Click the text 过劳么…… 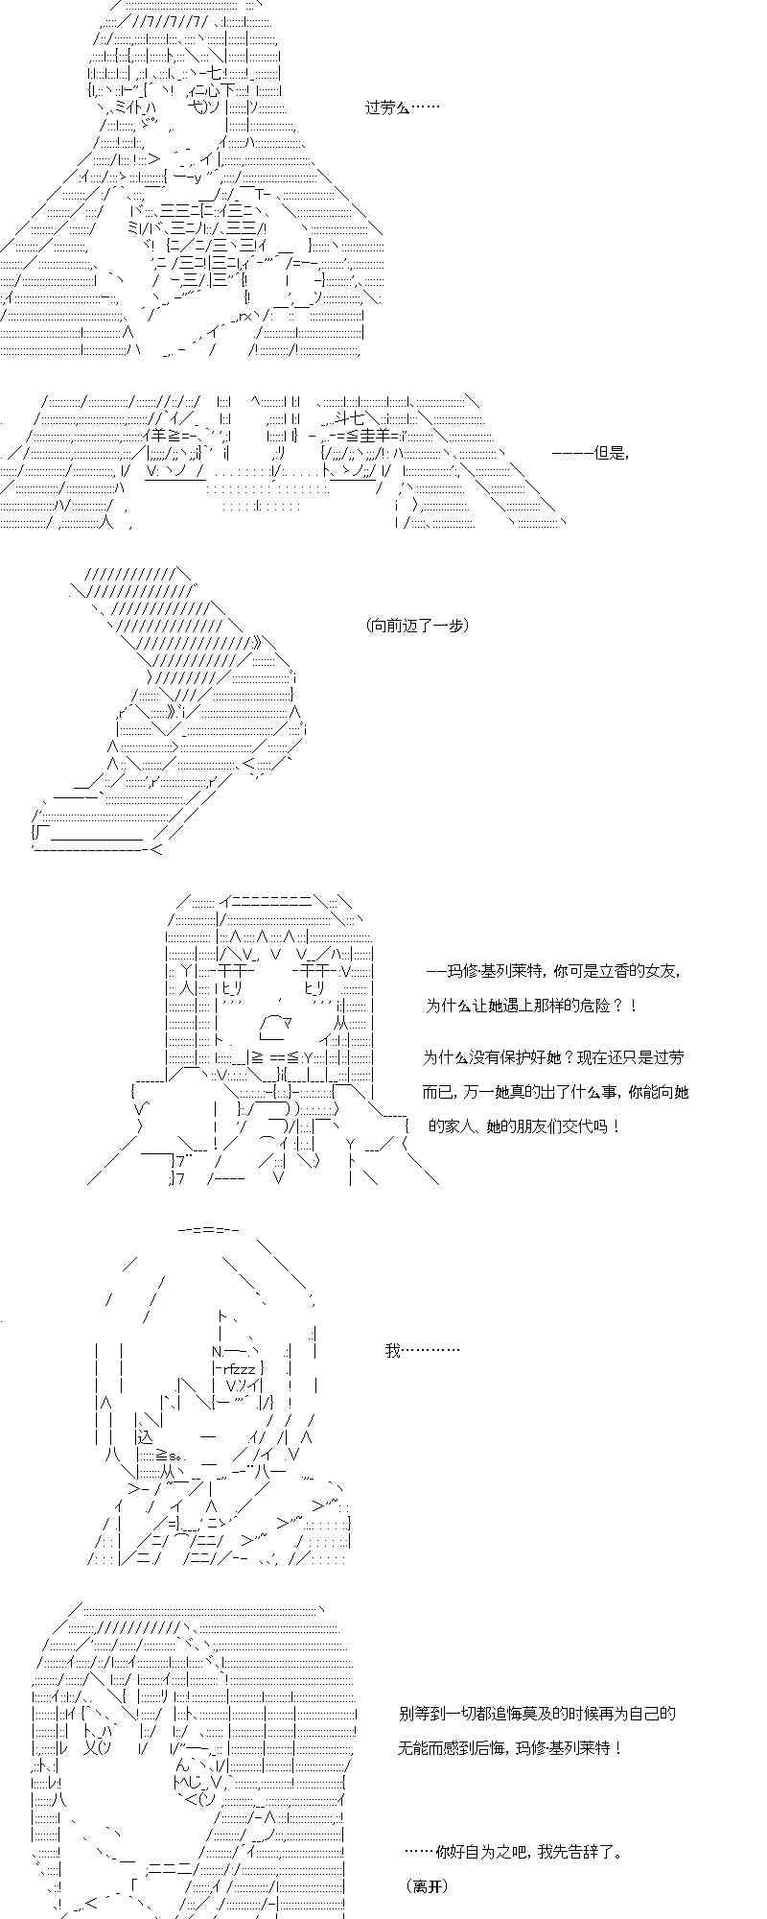click(402, 107)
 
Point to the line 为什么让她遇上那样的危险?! click(530, 1006)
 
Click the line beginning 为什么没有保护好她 click(553, 1056)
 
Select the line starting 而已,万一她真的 click(555, 1092)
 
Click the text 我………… click(422, 1350)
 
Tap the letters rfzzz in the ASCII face click(240, 1368)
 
